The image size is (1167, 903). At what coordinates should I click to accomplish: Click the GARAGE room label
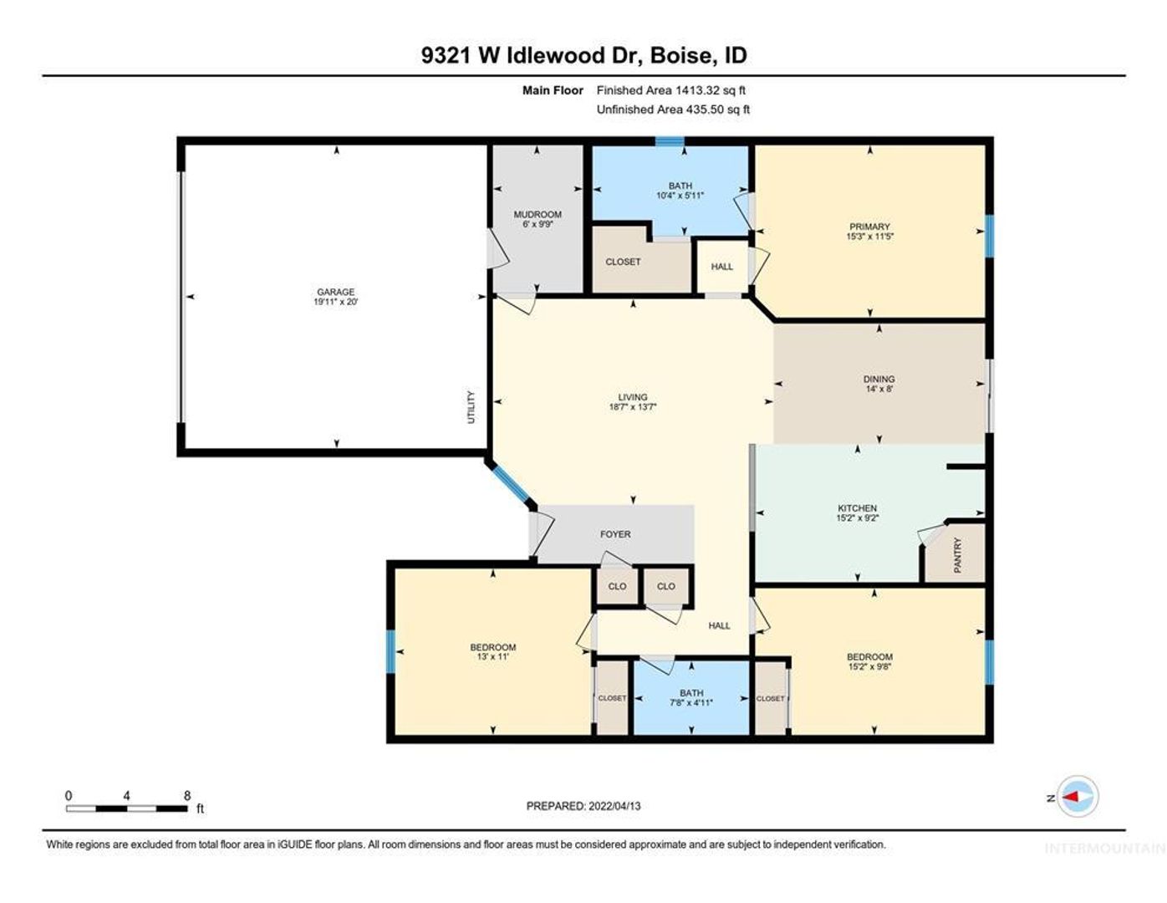pos(335,292)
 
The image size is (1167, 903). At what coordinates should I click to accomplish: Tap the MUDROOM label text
pos(537,214)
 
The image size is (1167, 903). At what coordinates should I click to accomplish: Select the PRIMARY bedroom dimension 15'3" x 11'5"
pos(869,236)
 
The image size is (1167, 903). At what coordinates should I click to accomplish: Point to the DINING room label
pos(879,379)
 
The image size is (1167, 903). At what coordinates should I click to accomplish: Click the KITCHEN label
pos(857,508)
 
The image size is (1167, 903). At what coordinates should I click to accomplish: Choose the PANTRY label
pos(957,555)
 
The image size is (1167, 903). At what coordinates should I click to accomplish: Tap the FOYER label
pos(615,534)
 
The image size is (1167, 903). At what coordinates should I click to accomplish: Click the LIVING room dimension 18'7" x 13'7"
pos(632,406)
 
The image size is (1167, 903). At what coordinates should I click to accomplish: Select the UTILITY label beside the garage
pos(471,407)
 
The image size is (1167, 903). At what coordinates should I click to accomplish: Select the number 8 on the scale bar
pos(187,796)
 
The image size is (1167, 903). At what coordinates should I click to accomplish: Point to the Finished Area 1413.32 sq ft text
pos(670,90)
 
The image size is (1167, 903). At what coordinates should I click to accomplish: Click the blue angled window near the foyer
pos(512,486)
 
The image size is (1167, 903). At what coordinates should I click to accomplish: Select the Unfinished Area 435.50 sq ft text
pos(673,110)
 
